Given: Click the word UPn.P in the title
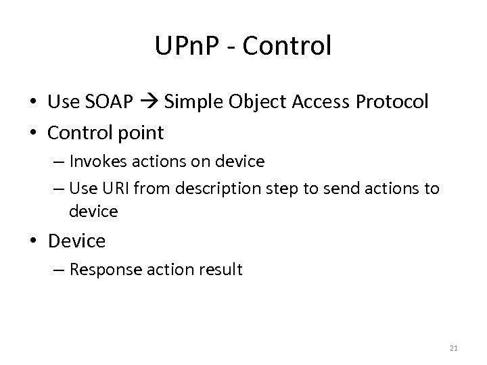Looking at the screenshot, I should pos(190,46).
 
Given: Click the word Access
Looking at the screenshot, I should pos(321,102).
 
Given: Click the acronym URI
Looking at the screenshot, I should pos(116,189).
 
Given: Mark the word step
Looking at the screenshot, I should pos(269,189).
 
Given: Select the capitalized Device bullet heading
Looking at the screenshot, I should pos(76,241).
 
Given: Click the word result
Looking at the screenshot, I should pos(219,270).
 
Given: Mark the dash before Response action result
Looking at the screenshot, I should pos(59,270).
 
